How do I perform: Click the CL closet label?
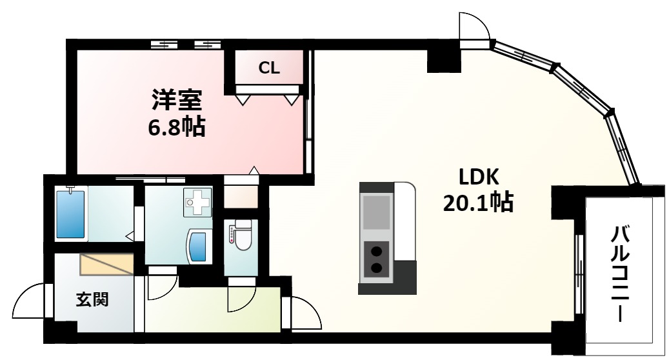269,68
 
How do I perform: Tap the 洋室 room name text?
177,101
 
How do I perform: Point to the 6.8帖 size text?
176,126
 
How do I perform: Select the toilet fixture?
243,235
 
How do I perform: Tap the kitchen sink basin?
376,211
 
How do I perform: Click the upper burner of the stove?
376,251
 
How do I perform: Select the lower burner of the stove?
376,267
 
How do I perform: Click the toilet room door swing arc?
241,298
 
